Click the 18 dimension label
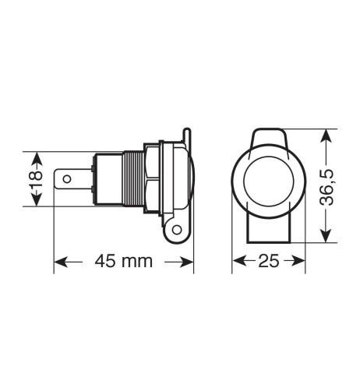(34, 178)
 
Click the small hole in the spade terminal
(68, 180)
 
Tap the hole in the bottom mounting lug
(177, 230)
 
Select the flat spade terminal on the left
(72, 180)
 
